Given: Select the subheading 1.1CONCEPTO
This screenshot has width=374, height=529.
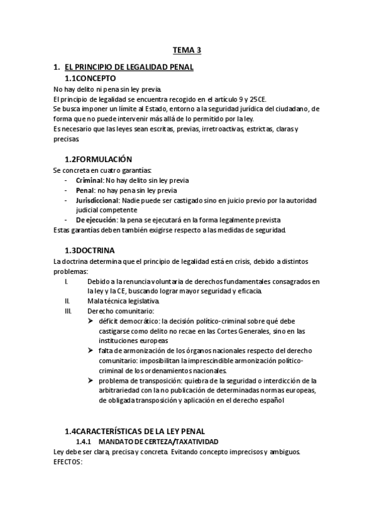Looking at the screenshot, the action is click(91, 79).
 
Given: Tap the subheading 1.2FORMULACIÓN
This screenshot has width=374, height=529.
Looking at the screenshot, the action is click(99, 160).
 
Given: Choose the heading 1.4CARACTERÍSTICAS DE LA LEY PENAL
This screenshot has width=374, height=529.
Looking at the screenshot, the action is click(143, 431).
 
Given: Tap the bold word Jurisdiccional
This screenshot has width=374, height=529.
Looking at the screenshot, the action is click(97, 200).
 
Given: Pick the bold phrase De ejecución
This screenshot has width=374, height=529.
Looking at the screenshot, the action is click(97, 220).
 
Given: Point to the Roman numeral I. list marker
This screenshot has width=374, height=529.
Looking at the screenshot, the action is click(67, 281).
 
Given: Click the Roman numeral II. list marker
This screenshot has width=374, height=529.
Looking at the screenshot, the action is click(67, 301).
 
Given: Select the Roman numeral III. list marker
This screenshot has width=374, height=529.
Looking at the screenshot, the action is click(69, 311).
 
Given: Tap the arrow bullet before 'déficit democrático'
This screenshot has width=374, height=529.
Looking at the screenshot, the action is click(91, 321).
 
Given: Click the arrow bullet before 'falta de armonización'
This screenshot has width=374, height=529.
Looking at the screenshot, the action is click(91, 351).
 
